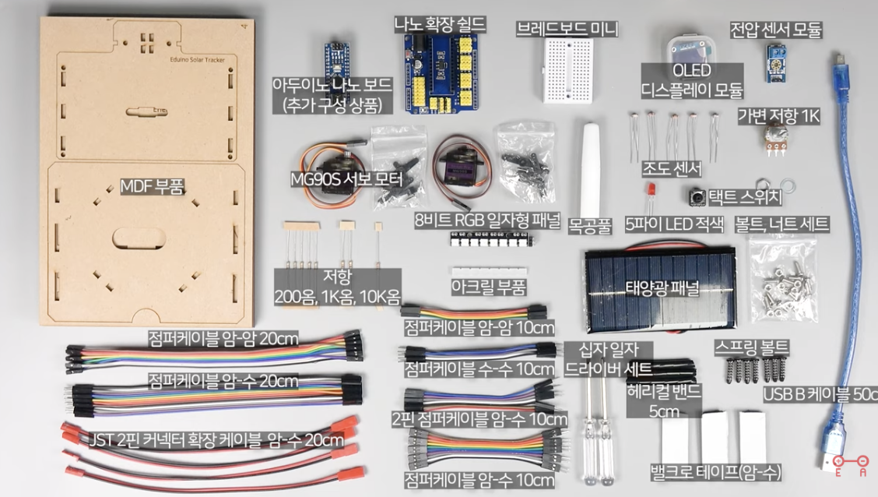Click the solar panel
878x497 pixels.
[x=661, y=289]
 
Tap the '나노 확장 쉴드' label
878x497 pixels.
[x=440, y=24]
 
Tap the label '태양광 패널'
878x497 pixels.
[x=662, y=287]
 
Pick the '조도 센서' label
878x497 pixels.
[x=672, y=168]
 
